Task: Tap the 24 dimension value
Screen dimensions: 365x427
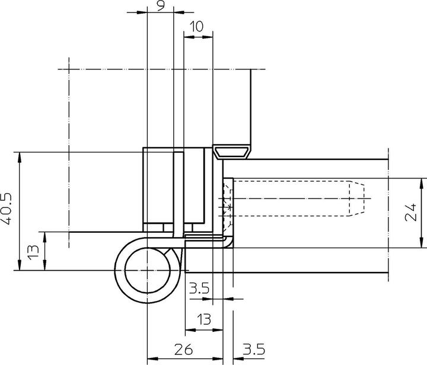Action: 411,212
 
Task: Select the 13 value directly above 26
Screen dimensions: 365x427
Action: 203,319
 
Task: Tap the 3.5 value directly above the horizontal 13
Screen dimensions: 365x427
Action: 199,289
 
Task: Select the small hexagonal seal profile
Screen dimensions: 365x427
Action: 232,152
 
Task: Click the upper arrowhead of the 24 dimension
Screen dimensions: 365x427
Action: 423,181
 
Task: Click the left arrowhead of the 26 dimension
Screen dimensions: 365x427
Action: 150,358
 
